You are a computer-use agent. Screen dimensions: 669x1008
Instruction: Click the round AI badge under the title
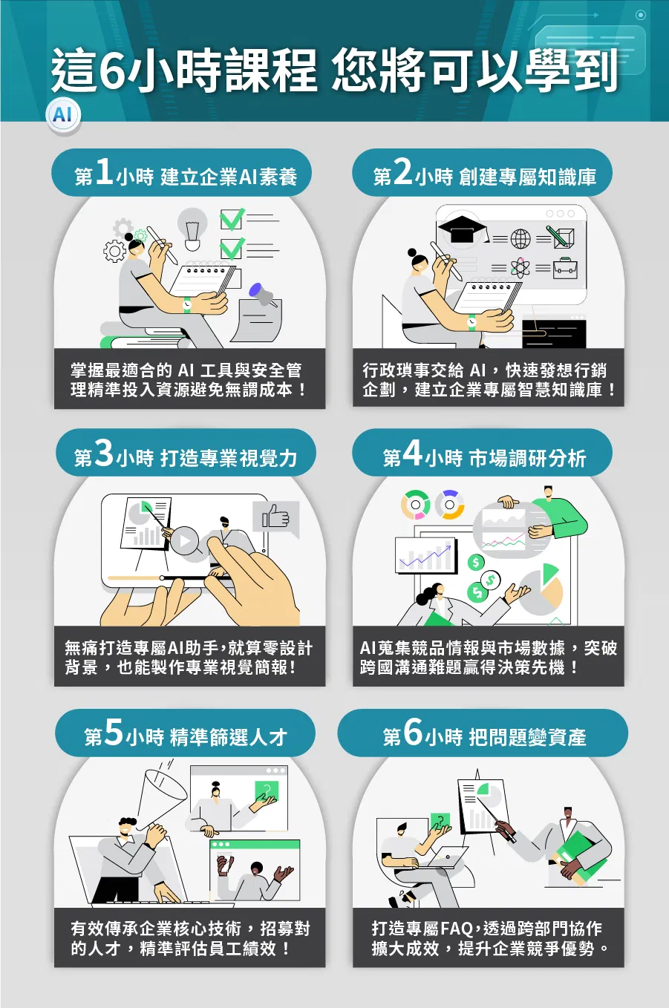coord(63,115)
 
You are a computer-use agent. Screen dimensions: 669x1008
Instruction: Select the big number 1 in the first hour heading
coord(104,172)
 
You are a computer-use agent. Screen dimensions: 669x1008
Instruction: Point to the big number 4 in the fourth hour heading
coord(412,453)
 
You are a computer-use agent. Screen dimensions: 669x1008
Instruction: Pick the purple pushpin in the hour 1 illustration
coord(262,294)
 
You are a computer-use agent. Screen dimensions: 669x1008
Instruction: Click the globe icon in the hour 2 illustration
coord(520,238)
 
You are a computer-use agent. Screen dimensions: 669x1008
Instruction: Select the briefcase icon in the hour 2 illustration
coord(565,268)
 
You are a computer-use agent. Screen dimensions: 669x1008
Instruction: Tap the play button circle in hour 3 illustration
coord(185,540)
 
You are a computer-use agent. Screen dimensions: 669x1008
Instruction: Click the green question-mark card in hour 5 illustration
coord(267,791)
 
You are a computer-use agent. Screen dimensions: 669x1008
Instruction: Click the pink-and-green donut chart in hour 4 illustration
coord(416,505)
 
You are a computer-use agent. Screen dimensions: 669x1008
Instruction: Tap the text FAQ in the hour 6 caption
coord(457,929)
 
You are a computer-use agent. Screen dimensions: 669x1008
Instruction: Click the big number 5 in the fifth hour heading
coord(114,731)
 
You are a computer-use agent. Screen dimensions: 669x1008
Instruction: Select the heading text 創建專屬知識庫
coord(528,177)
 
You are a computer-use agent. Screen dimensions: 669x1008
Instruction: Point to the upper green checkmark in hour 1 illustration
coord(232,219)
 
